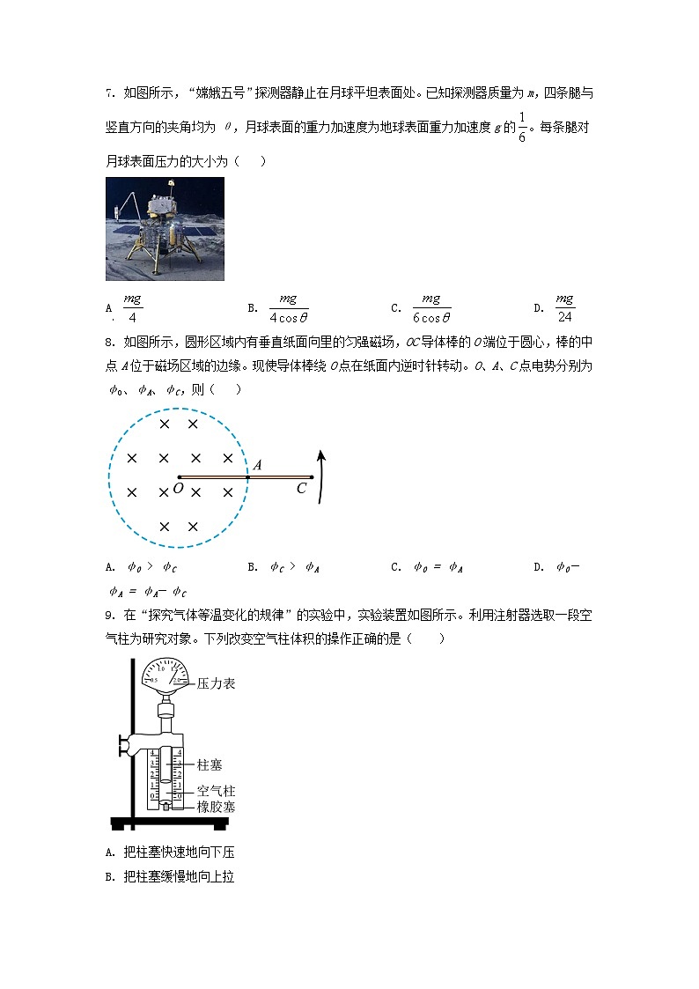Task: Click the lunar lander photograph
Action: tap(165, 228)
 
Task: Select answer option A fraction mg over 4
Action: tap(132, 309)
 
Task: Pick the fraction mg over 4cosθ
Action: tap(288, 309)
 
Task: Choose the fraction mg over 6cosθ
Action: tap(430, 309)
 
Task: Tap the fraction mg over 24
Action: tap(564, 309)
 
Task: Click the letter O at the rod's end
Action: tap(178, 488)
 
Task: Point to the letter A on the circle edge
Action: tap(256, 464)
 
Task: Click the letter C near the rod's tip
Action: tap(302, 489)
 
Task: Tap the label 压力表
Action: tap(216, 683)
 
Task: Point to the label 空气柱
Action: tap(216, 791)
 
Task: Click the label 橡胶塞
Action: tap(216, 807)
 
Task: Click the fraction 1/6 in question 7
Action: tap(521, 128)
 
